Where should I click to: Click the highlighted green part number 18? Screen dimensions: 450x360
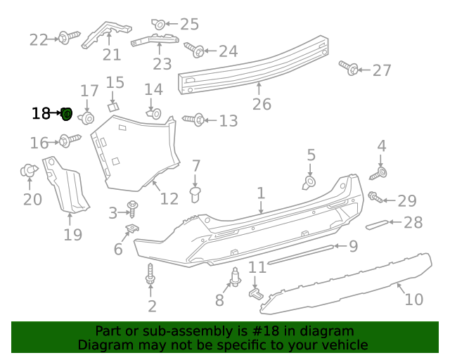pyautogui.click(x=67, y=113)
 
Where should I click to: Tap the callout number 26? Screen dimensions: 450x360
pyautogui.click(x=262, y=105)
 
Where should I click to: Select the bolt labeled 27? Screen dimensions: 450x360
pyautogui.click(x=348, y=68)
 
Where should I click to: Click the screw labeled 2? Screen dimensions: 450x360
pyautogui.click(x=150, y=275)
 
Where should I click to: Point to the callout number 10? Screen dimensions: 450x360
pyautogui.click(x=414, y=299)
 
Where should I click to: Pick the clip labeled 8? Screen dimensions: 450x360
pyautogui.click(x=235, y=278)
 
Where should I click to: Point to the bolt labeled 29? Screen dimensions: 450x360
pyautogui.click(x=375, y=198)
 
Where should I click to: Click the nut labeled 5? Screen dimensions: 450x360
pyautogui.click(x=309, y=183)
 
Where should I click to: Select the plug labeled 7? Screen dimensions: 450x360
pyautogui.click(x=196, y=193)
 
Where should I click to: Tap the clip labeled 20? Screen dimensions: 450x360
pyautogui.click(x=30, y=170)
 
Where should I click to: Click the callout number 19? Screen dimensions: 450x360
pyautogui.click(x=73, y=234)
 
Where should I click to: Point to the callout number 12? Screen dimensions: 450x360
pyautogui.click(x=169, y=199)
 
